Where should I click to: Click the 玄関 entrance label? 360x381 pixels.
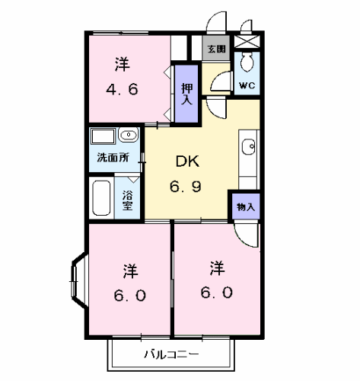pos(217,49)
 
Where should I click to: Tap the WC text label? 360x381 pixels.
pos(247,85)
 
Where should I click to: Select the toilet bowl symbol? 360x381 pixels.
pos(247,62)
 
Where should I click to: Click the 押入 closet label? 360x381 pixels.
pos(187,94)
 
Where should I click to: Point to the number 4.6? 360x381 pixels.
pos(122,89)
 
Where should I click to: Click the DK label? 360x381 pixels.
pos(187,161)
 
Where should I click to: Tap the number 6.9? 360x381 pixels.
pos(186,187)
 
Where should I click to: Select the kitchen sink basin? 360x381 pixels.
pos(248,147)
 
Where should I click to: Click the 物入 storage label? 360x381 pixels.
pos(246,207)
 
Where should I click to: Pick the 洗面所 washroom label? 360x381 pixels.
pos(113,158)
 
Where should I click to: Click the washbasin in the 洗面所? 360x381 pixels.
pos(129,135)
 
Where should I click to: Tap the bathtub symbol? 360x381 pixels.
pos(101,198)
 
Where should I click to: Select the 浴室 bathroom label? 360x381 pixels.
pos(127,200)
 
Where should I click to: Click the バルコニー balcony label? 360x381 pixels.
pos(171,354)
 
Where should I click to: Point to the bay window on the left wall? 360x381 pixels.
pos(78,280)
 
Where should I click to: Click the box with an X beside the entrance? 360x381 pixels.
pos(247,42)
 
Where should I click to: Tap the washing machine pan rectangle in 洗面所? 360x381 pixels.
pos(104,136)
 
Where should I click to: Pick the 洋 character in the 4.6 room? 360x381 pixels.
pos(123,65)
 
